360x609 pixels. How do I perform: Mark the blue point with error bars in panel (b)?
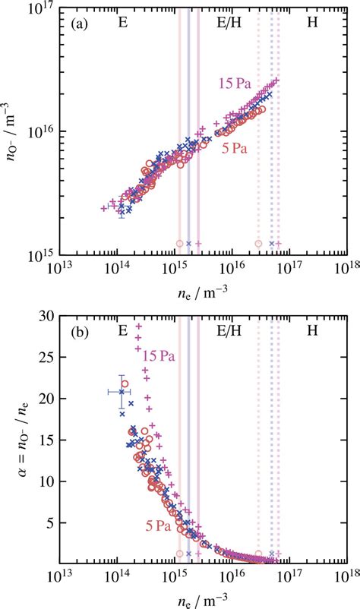click(x=121, y=392)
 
